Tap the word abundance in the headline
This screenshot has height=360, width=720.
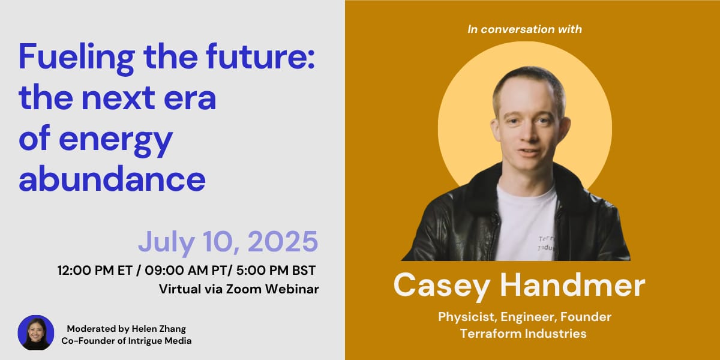click(x=112, y=178)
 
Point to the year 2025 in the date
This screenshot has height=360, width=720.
click(x=283, y=241)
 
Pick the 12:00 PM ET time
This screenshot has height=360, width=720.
click(x=95, y=271)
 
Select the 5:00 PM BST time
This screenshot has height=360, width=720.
click(x=276, y=271)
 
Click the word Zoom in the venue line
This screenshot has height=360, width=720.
click(x=244, y=289)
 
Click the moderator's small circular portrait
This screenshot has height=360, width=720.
click(x=36, y=332)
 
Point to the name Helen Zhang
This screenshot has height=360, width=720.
click(x=159, y=329)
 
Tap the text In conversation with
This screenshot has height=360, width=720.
click(x=524, y=29)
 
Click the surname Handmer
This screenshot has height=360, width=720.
click(x=572, y=285)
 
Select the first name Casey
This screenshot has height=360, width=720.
click(x=442, y=287)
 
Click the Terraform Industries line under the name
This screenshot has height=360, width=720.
click(x=523, y=334)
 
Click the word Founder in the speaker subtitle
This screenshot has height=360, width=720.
click(x=586, y=317)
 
